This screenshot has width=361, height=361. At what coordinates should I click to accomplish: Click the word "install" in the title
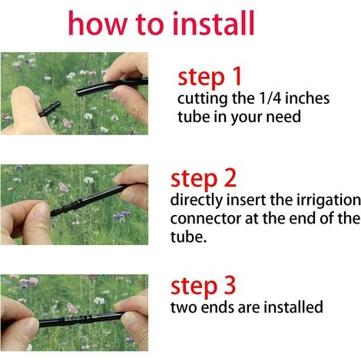pyautogui.click(x=214, y=23)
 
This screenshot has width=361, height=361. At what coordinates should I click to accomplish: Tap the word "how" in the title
pyautogui.click(x=98, y=23)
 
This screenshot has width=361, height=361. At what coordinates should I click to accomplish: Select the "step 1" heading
pyautogui.click(x=210, y=77)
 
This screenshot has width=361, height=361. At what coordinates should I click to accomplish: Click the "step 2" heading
pyautogui.click(x=204, y=179)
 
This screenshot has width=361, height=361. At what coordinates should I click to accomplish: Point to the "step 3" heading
pyautogui.click(x=203, y=286)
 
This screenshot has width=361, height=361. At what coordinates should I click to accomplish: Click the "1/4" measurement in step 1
pyautogui.click(x=270, y=98)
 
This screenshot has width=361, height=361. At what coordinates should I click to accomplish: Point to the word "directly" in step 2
pyautogui.click(x=197, y=200)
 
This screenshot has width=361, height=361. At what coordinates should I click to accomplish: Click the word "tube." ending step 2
pyautogui.click(x=188, y=237)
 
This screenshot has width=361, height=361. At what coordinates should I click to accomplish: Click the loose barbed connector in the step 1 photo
pyautogui.click(x=50, y=109)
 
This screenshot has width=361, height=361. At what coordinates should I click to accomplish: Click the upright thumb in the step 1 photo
pyautogui.click(x=22, y=108)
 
